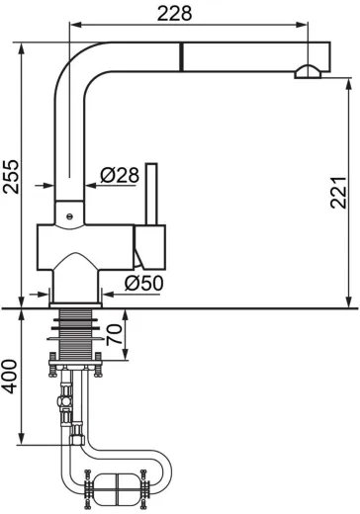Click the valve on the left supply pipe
(64, 403)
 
